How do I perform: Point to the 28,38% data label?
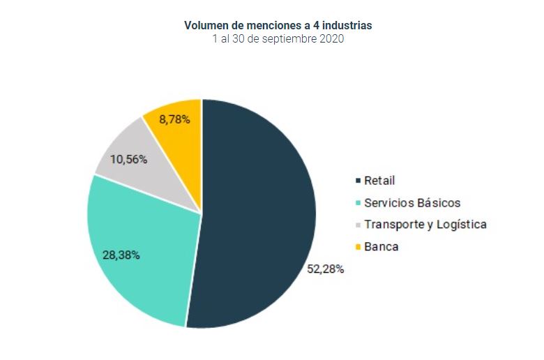[121, 255]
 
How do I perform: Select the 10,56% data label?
[128, 159]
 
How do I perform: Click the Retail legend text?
[379, 181]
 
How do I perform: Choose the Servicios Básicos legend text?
[412, 203]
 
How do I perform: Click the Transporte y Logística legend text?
[425, 225]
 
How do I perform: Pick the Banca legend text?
[381, 246]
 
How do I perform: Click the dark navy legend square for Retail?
[358, 181]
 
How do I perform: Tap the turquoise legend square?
[358, 204]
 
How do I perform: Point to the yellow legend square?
[358, 247]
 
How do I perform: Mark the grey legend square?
[358, 225]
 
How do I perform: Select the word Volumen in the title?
[206, 25]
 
